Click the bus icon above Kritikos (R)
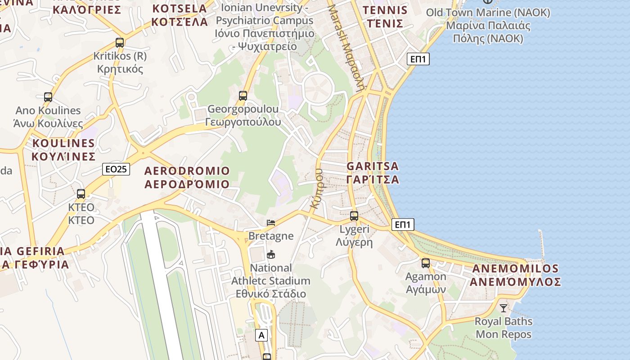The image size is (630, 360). [x=119, y=43]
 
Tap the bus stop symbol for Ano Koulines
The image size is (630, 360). [x=48, y=97]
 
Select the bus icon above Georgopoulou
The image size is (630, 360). [x=243, y=95]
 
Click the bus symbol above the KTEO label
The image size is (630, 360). [x=81, y=194]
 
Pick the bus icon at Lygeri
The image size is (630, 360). [x=354, y=216]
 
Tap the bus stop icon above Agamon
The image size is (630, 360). [x=426, y=263]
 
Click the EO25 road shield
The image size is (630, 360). [x=116, y=169]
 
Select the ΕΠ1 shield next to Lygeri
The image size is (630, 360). [x=403, y=225]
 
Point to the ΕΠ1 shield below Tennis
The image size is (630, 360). [x=418, y=59]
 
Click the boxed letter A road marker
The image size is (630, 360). [x=261, y=335]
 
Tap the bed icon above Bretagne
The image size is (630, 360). [x=271, y=222]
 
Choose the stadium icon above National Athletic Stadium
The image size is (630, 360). [x=271, y=254]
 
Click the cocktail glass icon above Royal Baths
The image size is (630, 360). [x=504, y=308]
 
